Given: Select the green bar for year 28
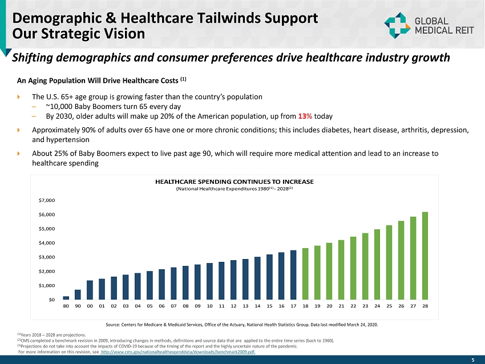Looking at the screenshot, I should (425, 256).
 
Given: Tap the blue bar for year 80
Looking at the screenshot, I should (66, 298).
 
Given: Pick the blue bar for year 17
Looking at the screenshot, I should (293, 274).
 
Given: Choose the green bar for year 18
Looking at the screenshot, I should (305, 274).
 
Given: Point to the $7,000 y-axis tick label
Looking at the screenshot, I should (47, 200).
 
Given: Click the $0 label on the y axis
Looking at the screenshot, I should (51, 300).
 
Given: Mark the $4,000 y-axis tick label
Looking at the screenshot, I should (47, 243).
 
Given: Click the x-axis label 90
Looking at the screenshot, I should (78, 306).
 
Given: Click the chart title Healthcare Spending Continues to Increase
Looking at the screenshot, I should (235, 181).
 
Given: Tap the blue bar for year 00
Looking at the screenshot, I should (90, 290).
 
